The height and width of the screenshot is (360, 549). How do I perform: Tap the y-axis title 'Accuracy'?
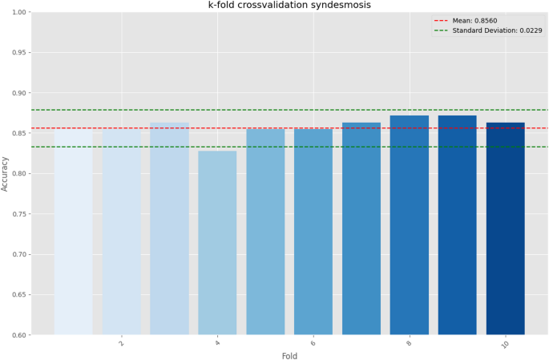[x=6, y=173]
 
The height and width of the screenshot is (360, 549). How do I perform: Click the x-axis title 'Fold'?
[x=289, y=355]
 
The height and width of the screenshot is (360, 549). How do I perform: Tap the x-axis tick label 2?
[x=121, y=342]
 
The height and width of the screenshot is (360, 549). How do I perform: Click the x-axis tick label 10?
[x=505, y=344]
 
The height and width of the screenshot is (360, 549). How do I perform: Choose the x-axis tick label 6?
[x=313, y=342]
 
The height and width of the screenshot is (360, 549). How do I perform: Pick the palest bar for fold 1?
[x=73, y=233]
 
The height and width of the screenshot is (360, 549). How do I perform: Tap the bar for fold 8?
[x=409, y=225]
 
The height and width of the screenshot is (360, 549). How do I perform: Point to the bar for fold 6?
[x=313, y=232]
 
